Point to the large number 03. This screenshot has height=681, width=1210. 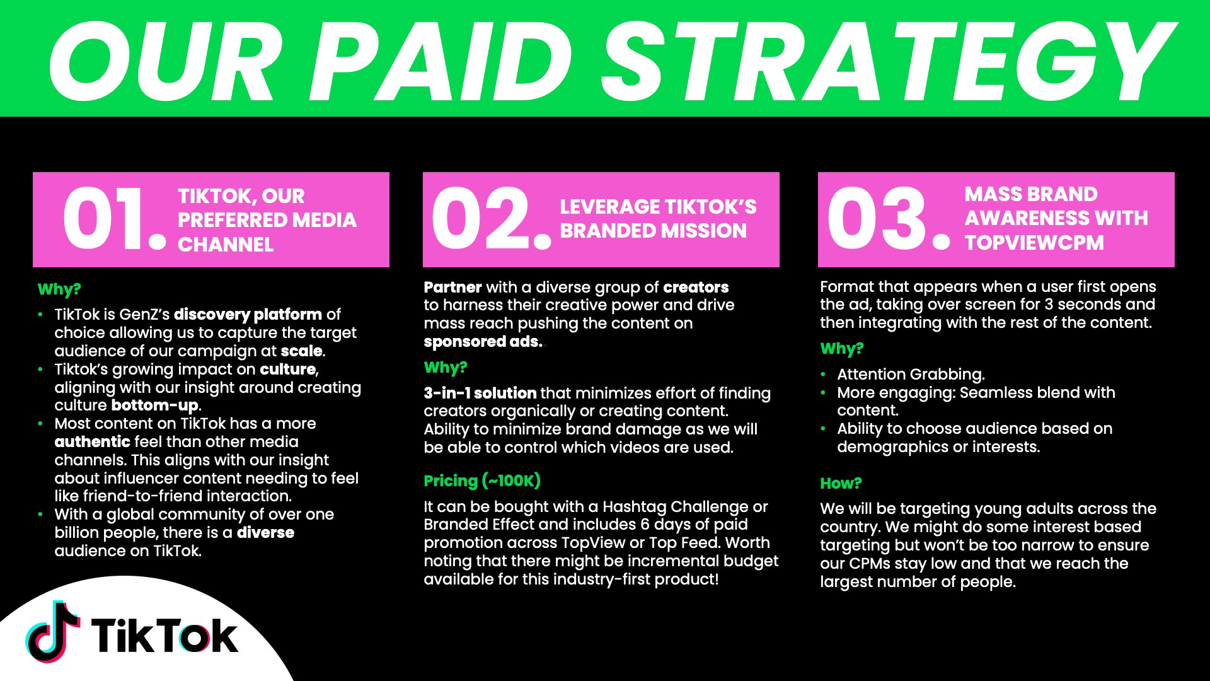tap(888, 219)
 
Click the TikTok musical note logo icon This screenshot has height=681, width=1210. tap(53, 632)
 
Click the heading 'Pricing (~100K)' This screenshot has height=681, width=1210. tap(482, 481)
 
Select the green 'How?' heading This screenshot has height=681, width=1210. tap(841, 484)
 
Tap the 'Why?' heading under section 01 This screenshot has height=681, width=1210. tap(59, 289)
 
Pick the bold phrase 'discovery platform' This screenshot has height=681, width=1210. tap(248, 314)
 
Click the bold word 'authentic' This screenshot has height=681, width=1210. tap(92, 441)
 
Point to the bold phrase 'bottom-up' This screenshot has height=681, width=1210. tap(155, 405)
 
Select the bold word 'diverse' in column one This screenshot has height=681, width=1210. tap(265, 532)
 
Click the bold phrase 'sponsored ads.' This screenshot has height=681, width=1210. tap(483, 342)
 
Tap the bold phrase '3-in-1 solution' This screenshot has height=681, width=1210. tap(480, 393)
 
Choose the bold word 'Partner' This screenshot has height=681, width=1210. tap(452, 288)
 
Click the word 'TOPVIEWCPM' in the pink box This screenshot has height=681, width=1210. tap(1034, 243)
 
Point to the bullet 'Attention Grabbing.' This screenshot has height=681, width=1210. tap(911, 375)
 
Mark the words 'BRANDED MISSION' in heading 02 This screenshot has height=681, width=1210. tap(654, 231)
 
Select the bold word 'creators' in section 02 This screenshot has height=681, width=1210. tap(696, 288)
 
